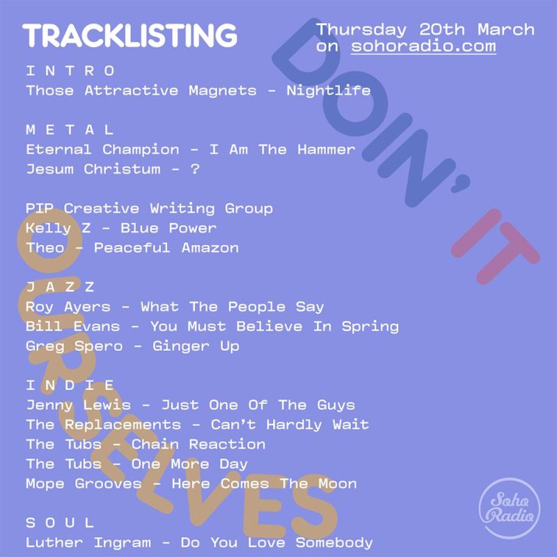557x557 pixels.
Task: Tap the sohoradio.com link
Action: pyautogui.click(x=423, y=47)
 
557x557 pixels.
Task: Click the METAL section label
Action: pyautogui.click(x=70, y=130)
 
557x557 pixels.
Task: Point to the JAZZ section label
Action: pyautogui.click(x=60, y=287)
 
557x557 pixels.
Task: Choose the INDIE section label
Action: pyautogui.click(x=70, y=385)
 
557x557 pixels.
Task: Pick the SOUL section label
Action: pyautogui.click(x=60, y=522)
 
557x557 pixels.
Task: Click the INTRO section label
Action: pyautogui.click(x=70, y=70)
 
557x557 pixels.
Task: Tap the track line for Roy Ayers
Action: pyautogui.click(x=175, y=306)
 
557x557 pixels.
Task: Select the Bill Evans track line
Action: pyautogui.click(x=212, y=326)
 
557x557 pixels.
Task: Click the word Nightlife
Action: pyautogui.click(x=328, y=91)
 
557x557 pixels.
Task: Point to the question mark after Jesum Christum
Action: pyautogui.click(x=195, y=169)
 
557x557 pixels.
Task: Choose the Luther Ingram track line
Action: pyautogui.click(x=199, y=542)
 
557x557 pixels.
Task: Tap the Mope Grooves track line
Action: pyautogui.click(x=191, y=483)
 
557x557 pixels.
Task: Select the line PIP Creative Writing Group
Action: pyautogui.click(x=149, y=208)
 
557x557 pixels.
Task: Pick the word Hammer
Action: pyautogui.click(x=327, y=149)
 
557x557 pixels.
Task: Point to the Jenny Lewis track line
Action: pyautogui.click(x=190, y=405)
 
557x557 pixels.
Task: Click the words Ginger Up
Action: pyautogui.click(x=196, y=346)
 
